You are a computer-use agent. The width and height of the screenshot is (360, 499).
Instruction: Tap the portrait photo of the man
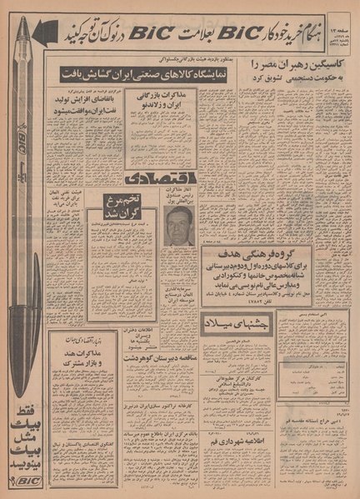tap(178, 227)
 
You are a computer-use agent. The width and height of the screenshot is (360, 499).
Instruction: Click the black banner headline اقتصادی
tap(162, 179)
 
